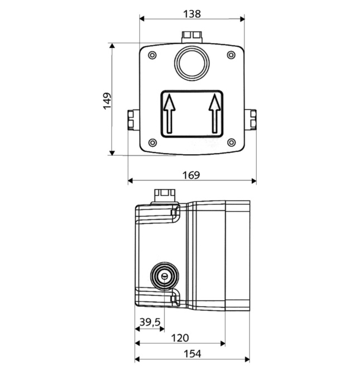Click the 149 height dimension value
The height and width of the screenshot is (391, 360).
tap(107, 100)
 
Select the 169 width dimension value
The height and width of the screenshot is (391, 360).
tap(191, 174)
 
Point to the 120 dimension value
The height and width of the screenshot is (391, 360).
tap(180, 337)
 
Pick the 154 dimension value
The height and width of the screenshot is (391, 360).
tap(191, 353)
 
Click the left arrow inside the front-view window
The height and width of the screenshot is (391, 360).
tap(169, 112)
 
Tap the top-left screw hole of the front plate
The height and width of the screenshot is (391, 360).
tap(152, 55)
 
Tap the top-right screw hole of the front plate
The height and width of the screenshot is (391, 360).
tap(231, 55)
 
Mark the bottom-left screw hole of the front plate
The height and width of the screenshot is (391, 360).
tap(152, 142)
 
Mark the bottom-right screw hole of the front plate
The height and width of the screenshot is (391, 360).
tap(231, 142)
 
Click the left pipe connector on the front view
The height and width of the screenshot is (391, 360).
tap(131, 119)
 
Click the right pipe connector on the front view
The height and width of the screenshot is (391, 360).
tap(252, 119)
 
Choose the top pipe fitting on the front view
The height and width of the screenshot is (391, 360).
tap(192, 37)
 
